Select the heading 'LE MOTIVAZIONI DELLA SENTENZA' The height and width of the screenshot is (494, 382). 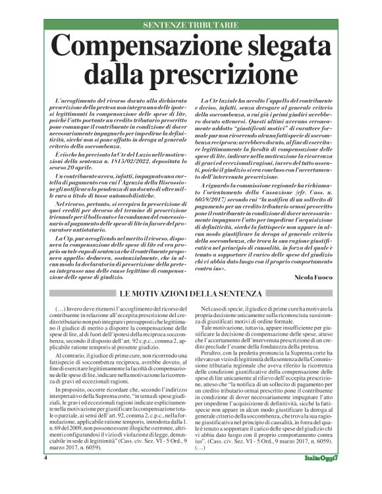pos(191,293)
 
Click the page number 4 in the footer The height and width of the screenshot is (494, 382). pos(45,476)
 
